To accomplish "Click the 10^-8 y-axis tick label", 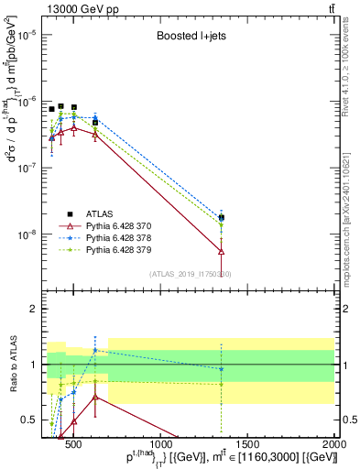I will click(27, 234).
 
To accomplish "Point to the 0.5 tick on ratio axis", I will click(31, 420).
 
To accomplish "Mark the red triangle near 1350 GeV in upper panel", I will click(221, 250).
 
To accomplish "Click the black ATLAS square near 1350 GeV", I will click(221, 218).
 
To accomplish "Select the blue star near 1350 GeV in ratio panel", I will click(221, 368).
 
